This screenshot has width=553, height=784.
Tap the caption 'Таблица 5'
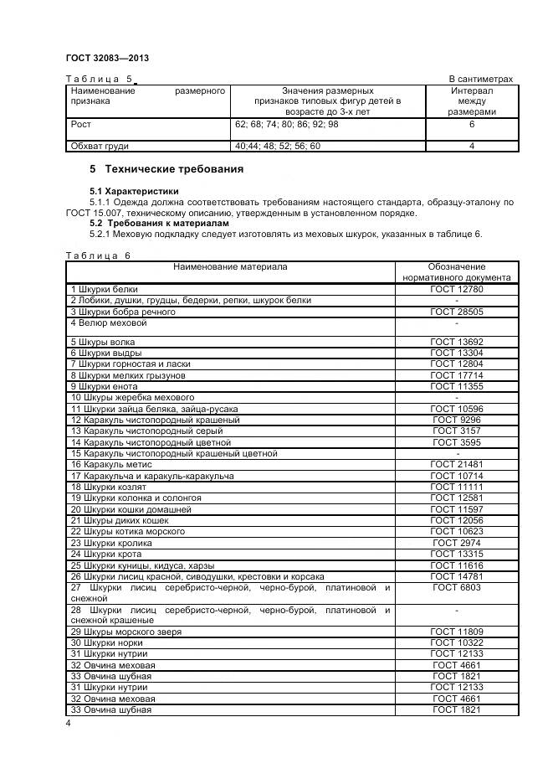[100, 80]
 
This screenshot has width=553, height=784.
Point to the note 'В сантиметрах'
[481, 80]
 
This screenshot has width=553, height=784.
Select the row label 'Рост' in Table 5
[81, 124]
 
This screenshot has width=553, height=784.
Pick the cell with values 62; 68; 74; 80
[287, 124]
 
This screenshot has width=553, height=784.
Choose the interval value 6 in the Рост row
[472, 124]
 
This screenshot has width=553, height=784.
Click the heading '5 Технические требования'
[166, 169]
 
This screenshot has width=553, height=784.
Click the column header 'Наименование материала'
[230, 267]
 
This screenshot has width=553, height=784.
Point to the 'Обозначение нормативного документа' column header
[456, 272]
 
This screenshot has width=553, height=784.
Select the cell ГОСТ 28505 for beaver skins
[456, 312]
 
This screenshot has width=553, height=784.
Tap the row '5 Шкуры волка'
[102, 343]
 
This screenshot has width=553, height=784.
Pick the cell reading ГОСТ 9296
[456, 419]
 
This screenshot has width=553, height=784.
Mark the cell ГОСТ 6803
[456, 588]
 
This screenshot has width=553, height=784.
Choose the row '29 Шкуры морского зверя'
[126, 630]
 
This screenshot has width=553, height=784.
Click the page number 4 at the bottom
[69, 722]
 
